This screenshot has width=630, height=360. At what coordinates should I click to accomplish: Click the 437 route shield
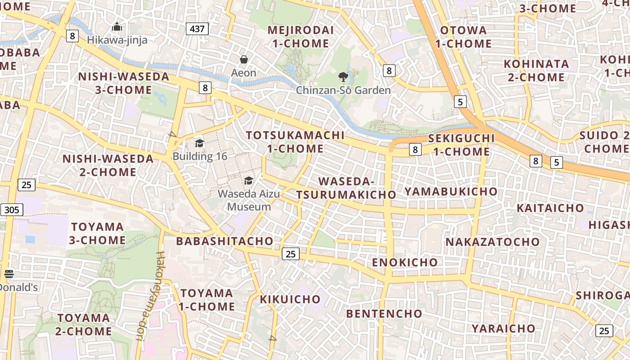point(197,29)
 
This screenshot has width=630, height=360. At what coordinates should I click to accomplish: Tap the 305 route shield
point(12,209)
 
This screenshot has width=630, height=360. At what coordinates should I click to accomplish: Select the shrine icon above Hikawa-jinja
point(117,27)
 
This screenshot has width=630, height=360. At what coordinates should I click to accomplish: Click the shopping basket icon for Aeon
point(244,59)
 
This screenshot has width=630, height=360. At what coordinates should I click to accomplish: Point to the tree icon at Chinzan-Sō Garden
point(343,77)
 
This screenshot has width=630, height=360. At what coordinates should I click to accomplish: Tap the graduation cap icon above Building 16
point(199,144)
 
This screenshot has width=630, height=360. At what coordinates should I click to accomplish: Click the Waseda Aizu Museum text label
point(249,200)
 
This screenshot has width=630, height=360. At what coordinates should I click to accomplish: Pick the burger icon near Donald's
point(9,274)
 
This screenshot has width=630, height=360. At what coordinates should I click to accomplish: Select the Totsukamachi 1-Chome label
point(295,142)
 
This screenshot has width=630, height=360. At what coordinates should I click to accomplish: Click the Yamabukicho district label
point(450,192)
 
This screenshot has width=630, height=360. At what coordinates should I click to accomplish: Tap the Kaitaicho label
point(550,208)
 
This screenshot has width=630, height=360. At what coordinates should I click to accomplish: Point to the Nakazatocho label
point(492,242)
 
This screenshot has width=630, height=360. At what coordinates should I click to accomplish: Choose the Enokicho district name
point(405,262)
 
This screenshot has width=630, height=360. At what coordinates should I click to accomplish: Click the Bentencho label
point(384,314)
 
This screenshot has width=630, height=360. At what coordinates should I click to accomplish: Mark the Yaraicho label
point(503,328)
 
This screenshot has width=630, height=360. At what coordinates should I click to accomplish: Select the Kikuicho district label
point(290,299)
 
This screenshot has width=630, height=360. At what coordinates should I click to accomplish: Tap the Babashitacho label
point(225,241)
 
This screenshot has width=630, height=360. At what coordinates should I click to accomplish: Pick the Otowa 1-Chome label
point(463,37)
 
